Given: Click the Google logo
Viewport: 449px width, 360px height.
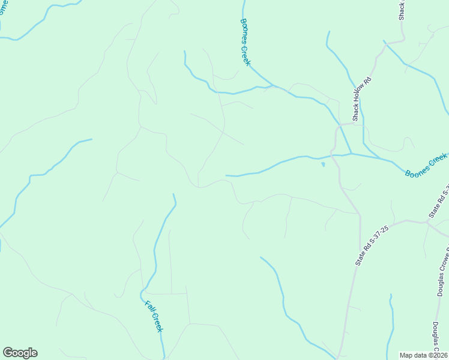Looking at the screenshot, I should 20,353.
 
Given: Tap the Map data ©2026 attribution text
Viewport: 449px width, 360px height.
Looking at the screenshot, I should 424,355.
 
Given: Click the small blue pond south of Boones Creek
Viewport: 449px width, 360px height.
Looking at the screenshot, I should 323,163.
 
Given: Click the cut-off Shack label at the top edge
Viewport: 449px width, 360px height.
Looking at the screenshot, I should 402,10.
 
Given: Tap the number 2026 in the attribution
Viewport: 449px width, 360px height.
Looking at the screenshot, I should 439,355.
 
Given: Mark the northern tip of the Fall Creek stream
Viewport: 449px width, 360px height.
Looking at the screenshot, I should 173,194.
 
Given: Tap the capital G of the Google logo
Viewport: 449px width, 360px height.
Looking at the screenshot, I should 8,352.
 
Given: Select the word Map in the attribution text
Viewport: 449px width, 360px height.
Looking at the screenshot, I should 406,355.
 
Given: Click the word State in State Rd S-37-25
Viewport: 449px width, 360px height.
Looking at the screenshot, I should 360,259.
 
